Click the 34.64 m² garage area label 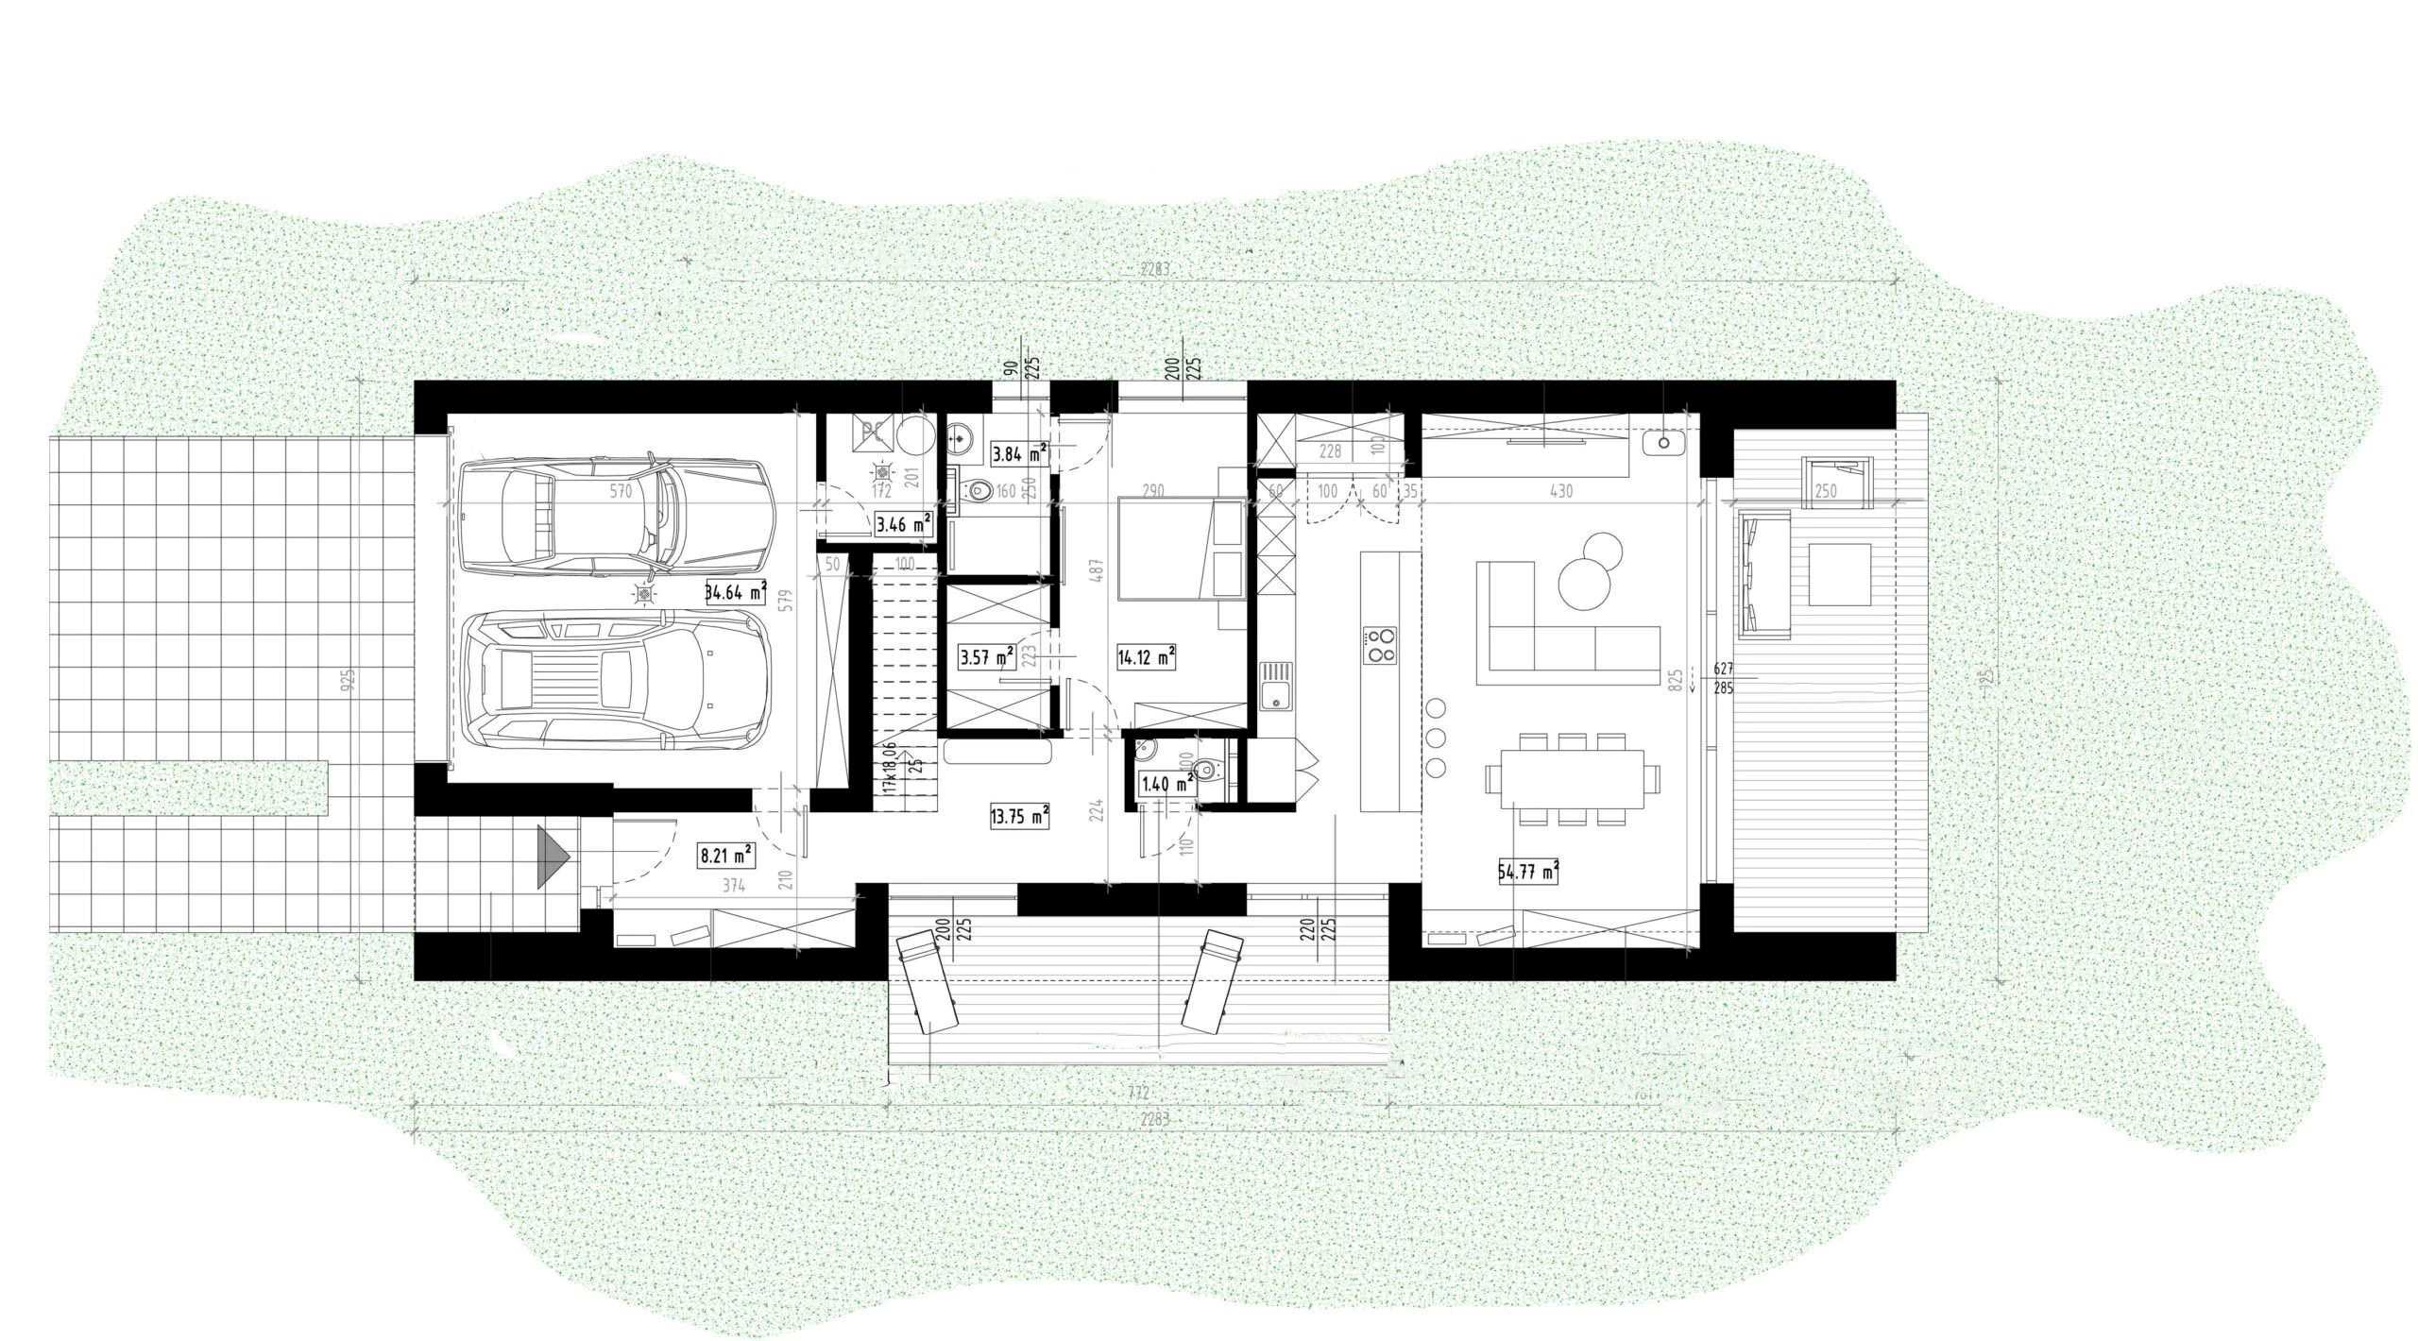pyautogui.click(x=735, y=593)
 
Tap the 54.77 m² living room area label pyautogui.click(x=1527, y=873)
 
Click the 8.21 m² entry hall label pyautogui.click(x=725, y=856)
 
